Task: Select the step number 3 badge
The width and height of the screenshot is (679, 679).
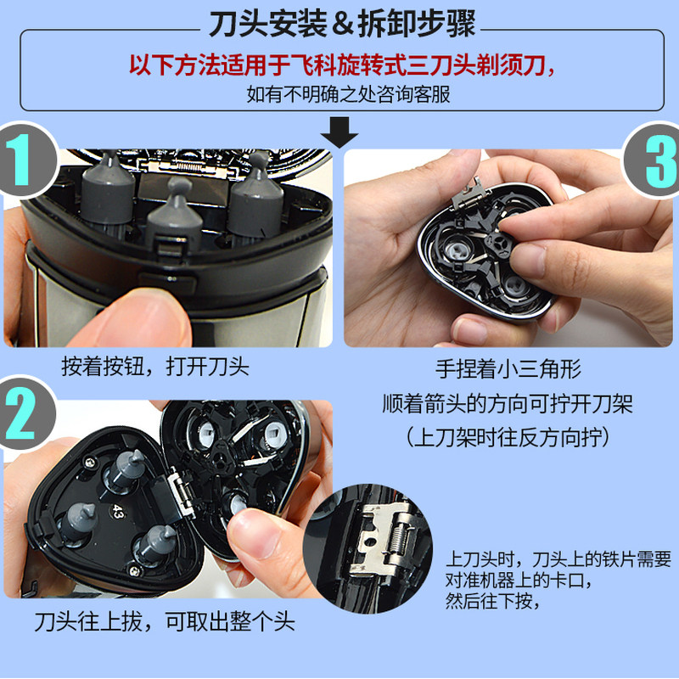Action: tap(653, 160)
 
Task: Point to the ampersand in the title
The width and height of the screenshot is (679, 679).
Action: tap(343, 25)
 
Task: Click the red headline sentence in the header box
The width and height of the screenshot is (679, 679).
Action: tap(342, 65)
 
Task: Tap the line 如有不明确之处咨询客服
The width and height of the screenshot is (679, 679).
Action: tap(349, 94)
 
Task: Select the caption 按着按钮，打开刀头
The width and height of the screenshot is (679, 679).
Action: tap(155, 367)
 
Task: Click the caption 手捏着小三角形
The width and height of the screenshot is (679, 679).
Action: tap(508, 369)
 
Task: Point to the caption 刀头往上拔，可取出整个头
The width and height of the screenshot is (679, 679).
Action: tap(165, 622)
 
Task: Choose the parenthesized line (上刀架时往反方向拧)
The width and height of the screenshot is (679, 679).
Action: tap(508, 437)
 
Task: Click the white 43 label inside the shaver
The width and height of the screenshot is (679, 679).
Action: tap(118, 511)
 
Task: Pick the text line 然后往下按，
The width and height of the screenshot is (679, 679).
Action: tap(493, 600)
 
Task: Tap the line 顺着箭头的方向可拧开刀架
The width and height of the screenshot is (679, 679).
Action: tap(508, 404)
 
